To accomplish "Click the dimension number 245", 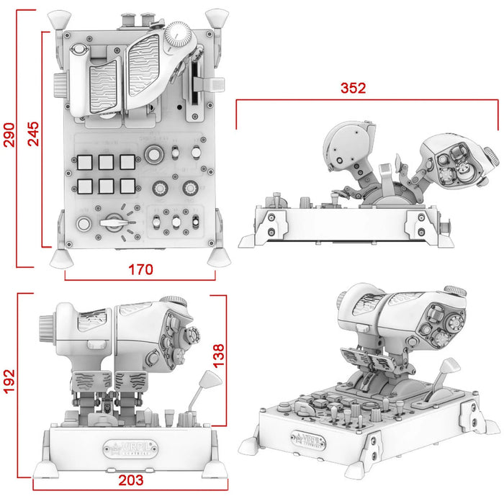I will point(33,134).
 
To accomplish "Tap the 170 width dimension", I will point(140,270).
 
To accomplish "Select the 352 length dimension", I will point(354,88).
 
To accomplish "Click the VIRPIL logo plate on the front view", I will point(130,446).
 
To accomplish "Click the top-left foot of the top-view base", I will point(57,17).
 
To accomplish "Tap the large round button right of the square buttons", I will point(153,154).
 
